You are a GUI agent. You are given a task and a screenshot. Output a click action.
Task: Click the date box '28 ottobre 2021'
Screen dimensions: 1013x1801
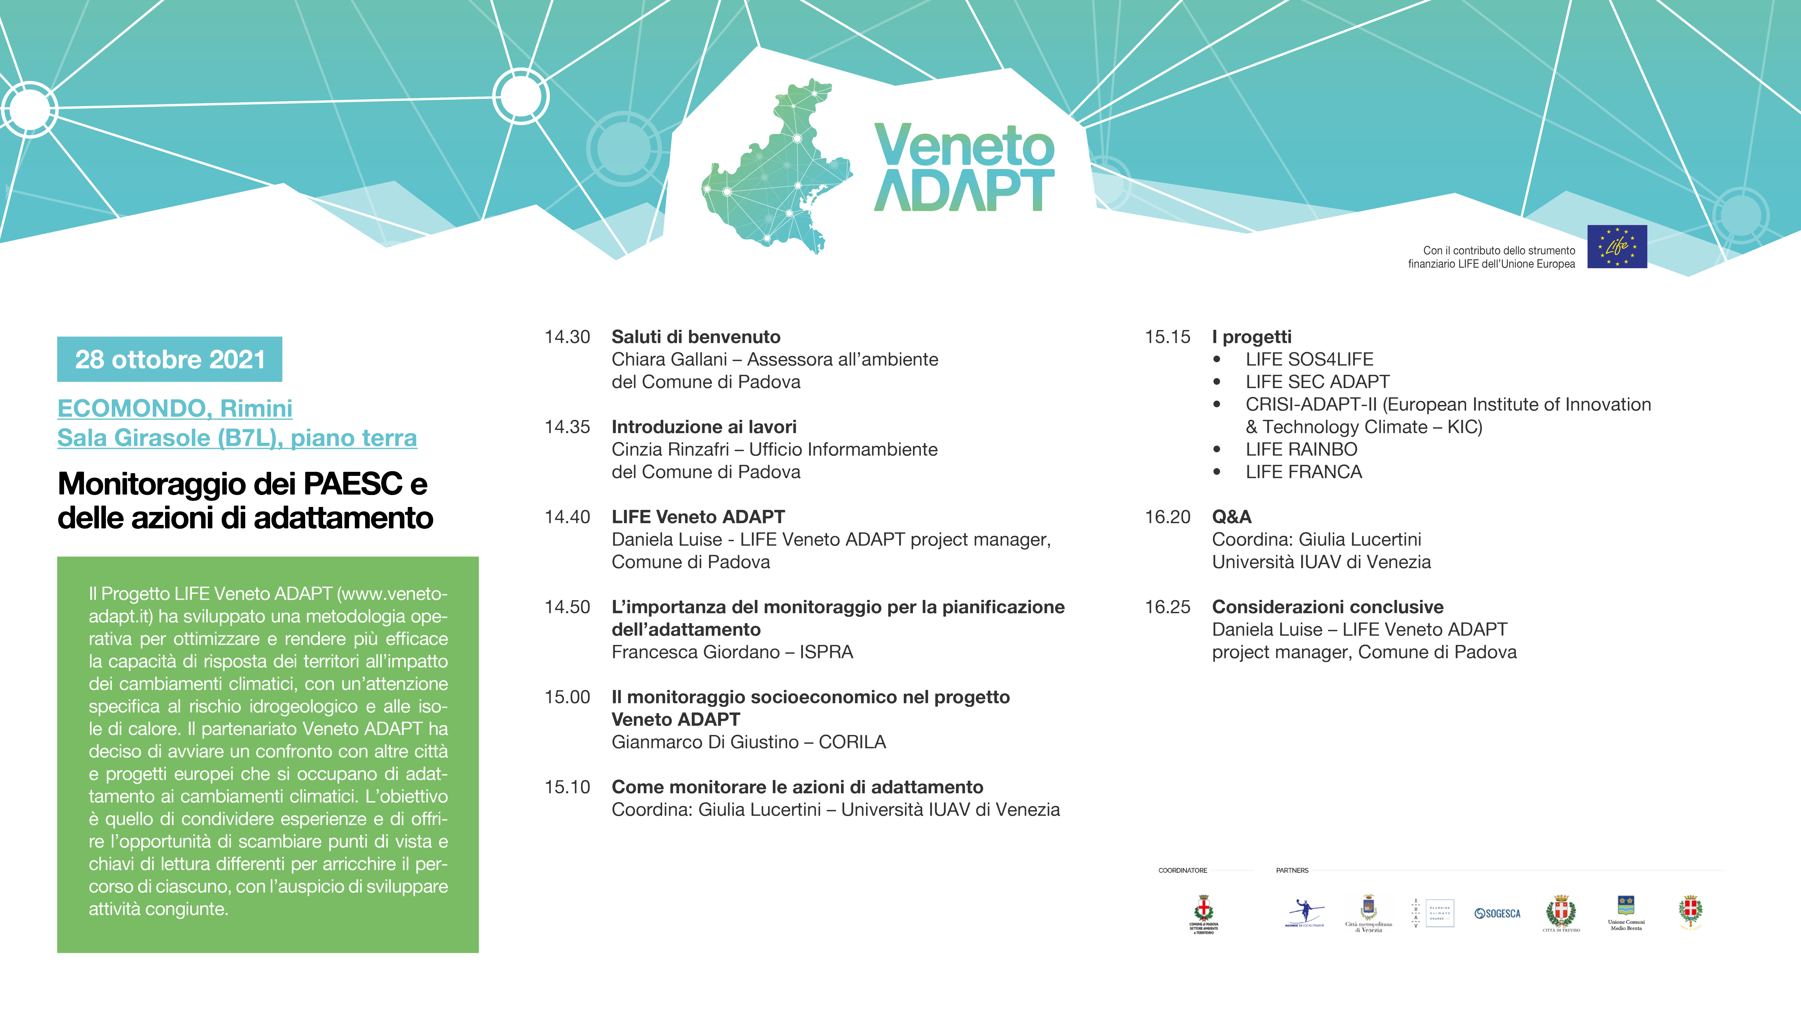coord(170,359)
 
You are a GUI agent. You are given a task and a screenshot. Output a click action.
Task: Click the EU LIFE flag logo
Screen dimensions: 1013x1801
coord(1616,247)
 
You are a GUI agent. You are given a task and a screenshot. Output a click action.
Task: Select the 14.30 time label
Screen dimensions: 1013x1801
coord(567,337)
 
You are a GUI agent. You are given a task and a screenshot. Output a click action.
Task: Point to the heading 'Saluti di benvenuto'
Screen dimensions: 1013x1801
coord(696,337)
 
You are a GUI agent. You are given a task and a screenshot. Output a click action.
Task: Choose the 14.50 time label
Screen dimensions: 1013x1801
coord(567,607)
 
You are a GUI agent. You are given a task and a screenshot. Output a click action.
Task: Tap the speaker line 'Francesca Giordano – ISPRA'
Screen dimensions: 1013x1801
coord(732,652)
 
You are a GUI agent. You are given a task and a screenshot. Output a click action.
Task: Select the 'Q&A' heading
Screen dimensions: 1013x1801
coord(1231,517)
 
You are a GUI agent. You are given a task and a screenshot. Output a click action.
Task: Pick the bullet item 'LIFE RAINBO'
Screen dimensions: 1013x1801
coord(1301,450)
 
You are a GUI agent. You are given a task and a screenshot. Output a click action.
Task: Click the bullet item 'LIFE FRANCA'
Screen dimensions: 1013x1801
coord(1303,472)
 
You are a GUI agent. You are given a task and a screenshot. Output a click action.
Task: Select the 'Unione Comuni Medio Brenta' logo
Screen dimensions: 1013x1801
coord(1625,912)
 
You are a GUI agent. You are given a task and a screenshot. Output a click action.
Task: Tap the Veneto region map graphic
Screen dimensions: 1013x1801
coord(776,168)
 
